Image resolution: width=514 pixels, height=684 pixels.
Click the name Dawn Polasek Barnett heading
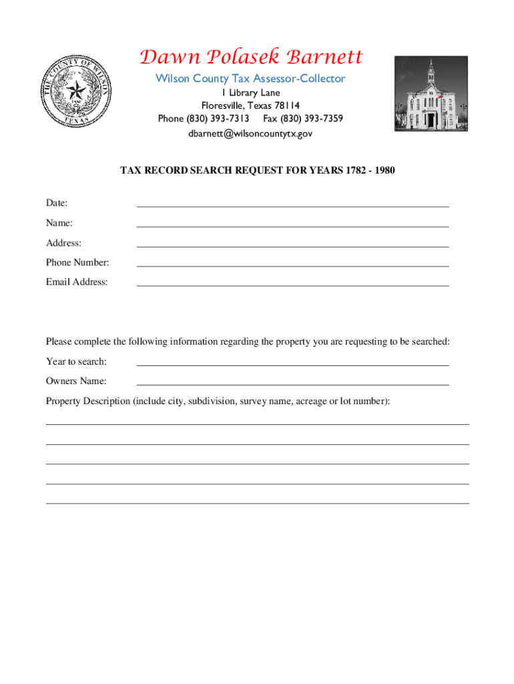click(x=250, y=57)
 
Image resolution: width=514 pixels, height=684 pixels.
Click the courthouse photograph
click(x=431, y=94)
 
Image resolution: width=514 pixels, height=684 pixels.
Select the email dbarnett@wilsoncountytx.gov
click(x=250, y=134)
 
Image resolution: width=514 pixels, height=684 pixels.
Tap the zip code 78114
click(x=286, y=106)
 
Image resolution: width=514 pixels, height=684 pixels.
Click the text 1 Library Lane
click(x=250, y=93)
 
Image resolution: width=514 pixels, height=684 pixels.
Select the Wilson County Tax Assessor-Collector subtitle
click(x=250, y=79)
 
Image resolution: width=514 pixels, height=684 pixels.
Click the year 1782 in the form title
click(x=356, y=170)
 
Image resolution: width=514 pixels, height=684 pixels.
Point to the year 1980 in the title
click(x=385, y=170)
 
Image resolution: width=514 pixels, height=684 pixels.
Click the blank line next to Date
click(x=292, y=204)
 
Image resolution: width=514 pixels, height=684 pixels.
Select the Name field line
click(x=292, y=224)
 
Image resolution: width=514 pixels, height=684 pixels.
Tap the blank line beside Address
click(x=292, y=244)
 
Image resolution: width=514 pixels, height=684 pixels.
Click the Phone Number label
click(x=77, y=263)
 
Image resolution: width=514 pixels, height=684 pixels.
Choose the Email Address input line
click(x=292, y=283)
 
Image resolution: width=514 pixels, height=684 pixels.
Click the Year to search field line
click(x=292, y=363)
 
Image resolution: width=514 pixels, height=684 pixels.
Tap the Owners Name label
click(x=76, y=381)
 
